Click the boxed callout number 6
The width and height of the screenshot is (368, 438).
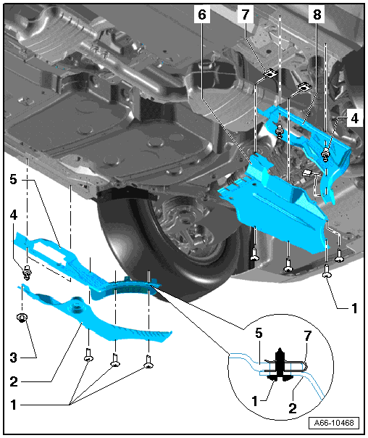pos(202,15)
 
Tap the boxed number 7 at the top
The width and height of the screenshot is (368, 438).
pos(246,15)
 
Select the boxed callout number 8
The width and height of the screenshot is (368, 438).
pos(317,15)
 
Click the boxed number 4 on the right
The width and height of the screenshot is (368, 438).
pos(354,118)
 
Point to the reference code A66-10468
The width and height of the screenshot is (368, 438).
pos(334,423)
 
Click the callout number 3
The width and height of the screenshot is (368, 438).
pos(13,358)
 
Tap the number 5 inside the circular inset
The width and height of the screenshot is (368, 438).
pos(259,334)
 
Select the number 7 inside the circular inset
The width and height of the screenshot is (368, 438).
pos(307,336)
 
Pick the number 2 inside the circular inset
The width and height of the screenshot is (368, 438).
pos(293,409)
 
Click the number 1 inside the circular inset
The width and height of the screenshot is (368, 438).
pos(254,402)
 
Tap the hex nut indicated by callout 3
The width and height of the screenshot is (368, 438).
pos(22,318)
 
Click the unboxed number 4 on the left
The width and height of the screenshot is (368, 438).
pos(13,215)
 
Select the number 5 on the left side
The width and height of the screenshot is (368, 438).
pos(13,179)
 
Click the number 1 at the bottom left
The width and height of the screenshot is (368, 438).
pos(13,405)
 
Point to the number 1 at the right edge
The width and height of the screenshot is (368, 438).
pos(354,308)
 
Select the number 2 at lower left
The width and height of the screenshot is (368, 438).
pos(13,381)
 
